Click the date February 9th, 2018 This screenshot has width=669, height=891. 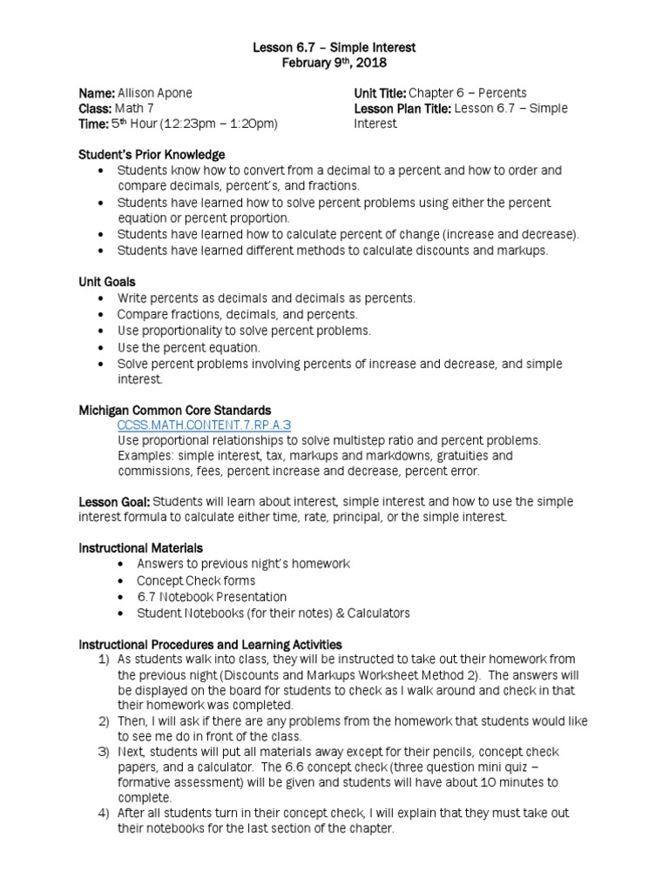coord(334,64)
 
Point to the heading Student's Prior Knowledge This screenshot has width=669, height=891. coord(152,155)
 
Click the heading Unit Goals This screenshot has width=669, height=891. coord(107,282)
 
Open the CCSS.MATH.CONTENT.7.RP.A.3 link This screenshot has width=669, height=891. coord(204,425)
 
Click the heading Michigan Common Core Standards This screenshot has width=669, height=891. coord(175,410)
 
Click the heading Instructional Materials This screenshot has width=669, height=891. coord(140,548)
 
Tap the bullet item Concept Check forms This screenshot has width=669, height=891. coord(196,580)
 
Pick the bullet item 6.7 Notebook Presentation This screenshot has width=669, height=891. coord(212,597)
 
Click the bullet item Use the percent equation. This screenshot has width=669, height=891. coord(189,347)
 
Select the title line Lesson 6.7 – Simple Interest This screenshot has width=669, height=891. coord(334,47)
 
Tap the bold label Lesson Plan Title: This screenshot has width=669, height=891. coord(402,109)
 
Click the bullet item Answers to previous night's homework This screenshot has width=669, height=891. coord(243,564)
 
